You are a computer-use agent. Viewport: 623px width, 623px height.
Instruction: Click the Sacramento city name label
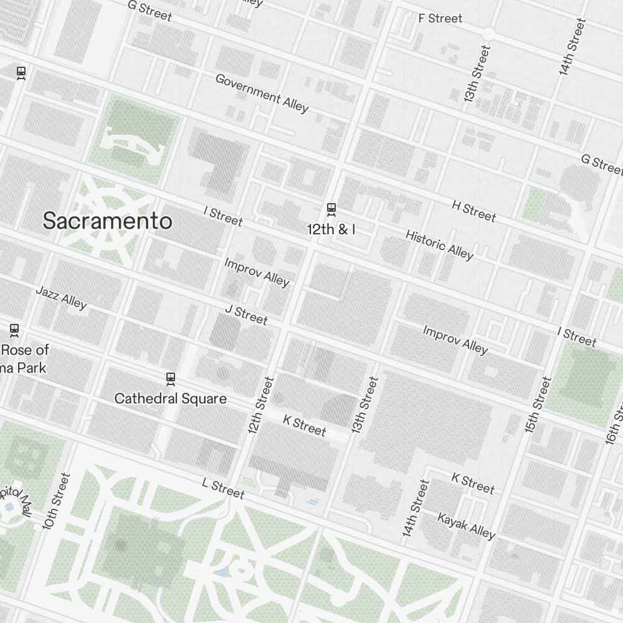tap(107, 221)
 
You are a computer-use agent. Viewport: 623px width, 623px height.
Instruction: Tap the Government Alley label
tap(262, 93)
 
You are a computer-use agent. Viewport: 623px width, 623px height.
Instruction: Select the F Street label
tap(440, 18)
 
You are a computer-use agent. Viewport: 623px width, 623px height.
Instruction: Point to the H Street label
tap(473, 211)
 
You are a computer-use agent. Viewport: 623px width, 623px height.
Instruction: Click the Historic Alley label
tap(439, 244)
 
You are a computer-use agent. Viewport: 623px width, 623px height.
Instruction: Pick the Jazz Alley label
tap(61, 297)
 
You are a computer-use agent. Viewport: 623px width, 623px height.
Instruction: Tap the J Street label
tap(246, 315)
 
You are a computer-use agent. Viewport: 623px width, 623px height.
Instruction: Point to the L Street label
tap(223, 488)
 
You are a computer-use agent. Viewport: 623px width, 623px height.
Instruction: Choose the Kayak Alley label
tap(466, 526)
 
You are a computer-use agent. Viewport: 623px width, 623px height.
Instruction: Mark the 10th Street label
tap(57, 501)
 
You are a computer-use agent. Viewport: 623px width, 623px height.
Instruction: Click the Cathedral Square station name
tap(170, 398)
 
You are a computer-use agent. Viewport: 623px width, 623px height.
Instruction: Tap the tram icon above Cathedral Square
tap(170, 378)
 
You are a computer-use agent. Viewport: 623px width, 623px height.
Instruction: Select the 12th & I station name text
tap(331, 229)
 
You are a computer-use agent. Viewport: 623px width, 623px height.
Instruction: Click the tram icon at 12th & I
tap(331, 209)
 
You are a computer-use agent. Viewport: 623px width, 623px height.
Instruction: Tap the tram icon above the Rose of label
tap(14, 330)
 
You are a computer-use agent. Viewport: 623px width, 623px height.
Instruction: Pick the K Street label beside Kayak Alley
tap(472, 482)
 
